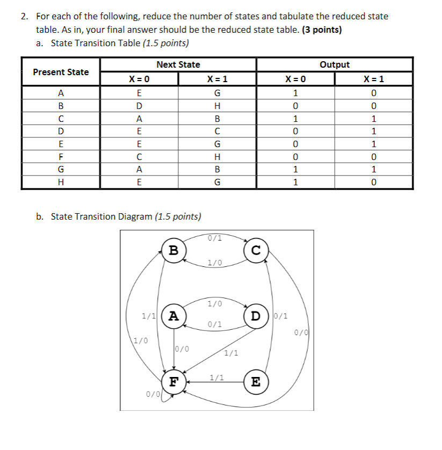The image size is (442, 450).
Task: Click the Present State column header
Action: point(61,72)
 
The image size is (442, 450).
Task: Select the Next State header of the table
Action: point(178,64)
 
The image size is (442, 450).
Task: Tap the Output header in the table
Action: point(335,64)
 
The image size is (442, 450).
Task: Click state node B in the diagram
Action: point(173,250)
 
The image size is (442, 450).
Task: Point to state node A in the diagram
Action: point(173,316)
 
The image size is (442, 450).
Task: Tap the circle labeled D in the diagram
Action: point(256,314)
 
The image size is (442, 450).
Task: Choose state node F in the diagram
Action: point(173,382)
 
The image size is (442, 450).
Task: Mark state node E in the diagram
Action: point(256,382)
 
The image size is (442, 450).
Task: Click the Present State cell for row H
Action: point(61,183)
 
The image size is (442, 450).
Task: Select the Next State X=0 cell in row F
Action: point(139,157)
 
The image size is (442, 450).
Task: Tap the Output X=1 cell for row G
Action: point(374,170)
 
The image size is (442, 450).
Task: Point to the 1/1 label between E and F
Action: point(217,378)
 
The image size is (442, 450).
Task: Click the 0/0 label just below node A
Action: point(182,349)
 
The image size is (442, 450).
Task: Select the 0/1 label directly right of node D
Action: point(281,316)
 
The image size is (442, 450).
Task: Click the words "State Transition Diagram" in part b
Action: point(102,216)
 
